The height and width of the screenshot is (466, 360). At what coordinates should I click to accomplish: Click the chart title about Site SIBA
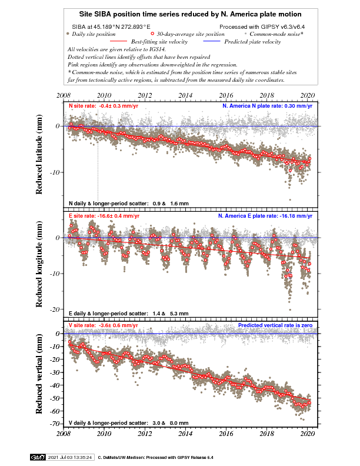click(x=190, y=14)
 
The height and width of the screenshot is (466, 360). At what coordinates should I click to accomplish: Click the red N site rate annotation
click(x=104, y=106)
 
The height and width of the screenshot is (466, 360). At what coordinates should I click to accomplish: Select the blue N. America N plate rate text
click(x=267, y=106)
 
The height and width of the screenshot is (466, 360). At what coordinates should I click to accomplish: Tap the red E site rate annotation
click(x=104, y=216)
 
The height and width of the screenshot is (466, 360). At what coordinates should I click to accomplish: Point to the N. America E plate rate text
click(x=265, y=216)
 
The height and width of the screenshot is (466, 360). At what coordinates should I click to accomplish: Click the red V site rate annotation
click(x=104, y=325)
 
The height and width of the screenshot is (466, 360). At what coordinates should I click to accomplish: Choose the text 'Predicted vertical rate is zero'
click(x=275, y=325)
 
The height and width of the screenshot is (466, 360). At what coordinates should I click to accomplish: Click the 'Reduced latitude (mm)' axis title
click(x=39, y=155)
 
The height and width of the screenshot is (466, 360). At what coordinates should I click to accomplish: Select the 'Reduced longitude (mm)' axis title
click(x=39, y=264)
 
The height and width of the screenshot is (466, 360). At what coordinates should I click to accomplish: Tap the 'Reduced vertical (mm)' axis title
click(x=39, y=374)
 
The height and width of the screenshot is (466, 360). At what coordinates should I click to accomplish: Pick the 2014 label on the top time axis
click(x=185, y=95)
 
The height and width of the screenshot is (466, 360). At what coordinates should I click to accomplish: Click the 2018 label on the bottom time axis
click(x=266, y=434)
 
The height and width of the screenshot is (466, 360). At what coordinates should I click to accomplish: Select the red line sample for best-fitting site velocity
click(x=118, y=41)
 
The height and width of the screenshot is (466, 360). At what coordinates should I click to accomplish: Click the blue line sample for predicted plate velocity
click(x=212, y=41)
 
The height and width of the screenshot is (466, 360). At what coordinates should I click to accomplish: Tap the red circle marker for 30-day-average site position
click(x=152, y=34)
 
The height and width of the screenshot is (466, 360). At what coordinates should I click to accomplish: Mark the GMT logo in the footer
click(x=38, y=457)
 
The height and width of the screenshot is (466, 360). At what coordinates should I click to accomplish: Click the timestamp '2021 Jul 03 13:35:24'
click(x=70, y=457)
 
